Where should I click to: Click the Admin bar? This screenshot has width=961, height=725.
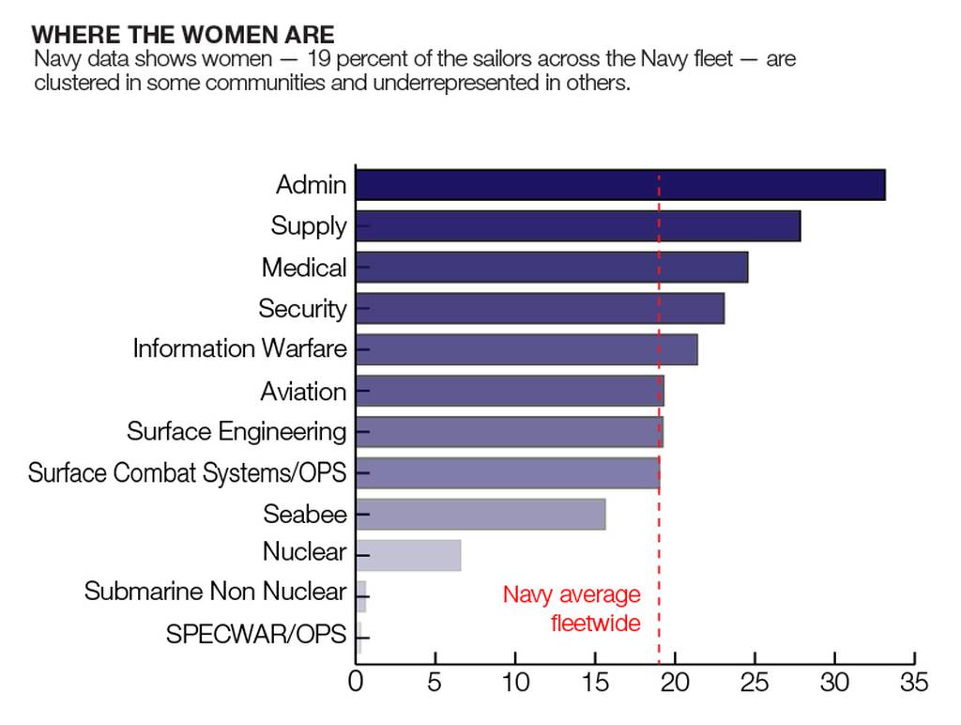point(619,185)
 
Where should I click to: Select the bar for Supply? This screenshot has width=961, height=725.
point(577,226)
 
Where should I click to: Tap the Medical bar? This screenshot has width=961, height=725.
point(551,268)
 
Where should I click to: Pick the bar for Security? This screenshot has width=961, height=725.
point(540,308)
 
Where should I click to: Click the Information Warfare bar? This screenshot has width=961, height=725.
point(526,349)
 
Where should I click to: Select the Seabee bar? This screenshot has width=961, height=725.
point(480,515)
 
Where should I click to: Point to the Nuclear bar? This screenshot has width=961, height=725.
point(408,555)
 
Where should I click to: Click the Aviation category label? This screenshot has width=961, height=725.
point(303,391)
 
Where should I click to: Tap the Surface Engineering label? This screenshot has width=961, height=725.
point(236,432)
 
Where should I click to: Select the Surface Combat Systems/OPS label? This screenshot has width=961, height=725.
point(187,472)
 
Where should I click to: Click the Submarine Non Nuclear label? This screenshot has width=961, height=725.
point(215,592)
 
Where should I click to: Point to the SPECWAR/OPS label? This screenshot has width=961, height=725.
point(255,634)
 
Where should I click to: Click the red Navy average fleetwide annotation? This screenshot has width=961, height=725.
point(572,609)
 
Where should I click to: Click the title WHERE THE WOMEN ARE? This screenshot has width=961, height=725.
point(182,36)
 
